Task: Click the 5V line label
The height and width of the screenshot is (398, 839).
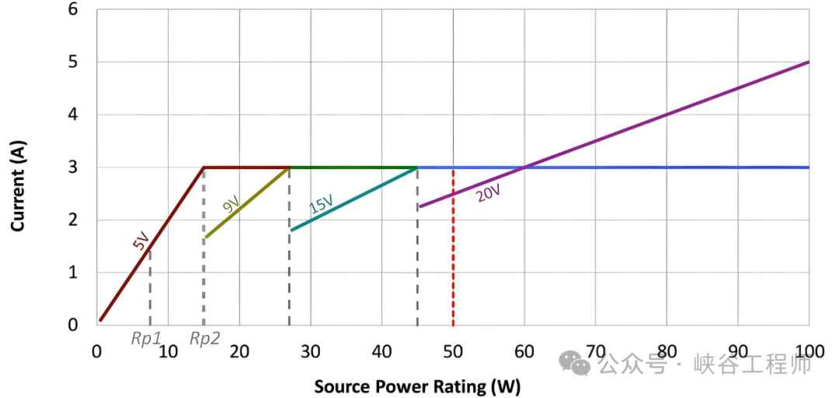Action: coord(141,241)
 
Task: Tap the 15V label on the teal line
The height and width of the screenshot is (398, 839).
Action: coord(320,205)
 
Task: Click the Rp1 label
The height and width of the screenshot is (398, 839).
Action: coord(145,339)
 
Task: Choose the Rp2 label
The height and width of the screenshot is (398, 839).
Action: coord(204,339)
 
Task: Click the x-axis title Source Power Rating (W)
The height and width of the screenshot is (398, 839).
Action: coord(417,386)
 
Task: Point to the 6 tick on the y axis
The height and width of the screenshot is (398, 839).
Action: coord(73,9)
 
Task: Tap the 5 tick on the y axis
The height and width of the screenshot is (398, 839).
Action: coord(73,62)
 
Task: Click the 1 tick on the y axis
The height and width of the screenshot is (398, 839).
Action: coord(73,272)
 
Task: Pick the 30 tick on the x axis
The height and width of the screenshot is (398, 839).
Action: coord(311,351)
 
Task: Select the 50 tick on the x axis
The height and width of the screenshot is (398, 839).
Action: coord(453,351)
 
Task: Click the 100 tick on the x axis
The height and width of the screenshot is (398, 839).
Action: coord(808,351)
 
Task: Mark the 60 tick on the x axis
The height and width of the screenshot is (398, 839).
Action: coord(524,351)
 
